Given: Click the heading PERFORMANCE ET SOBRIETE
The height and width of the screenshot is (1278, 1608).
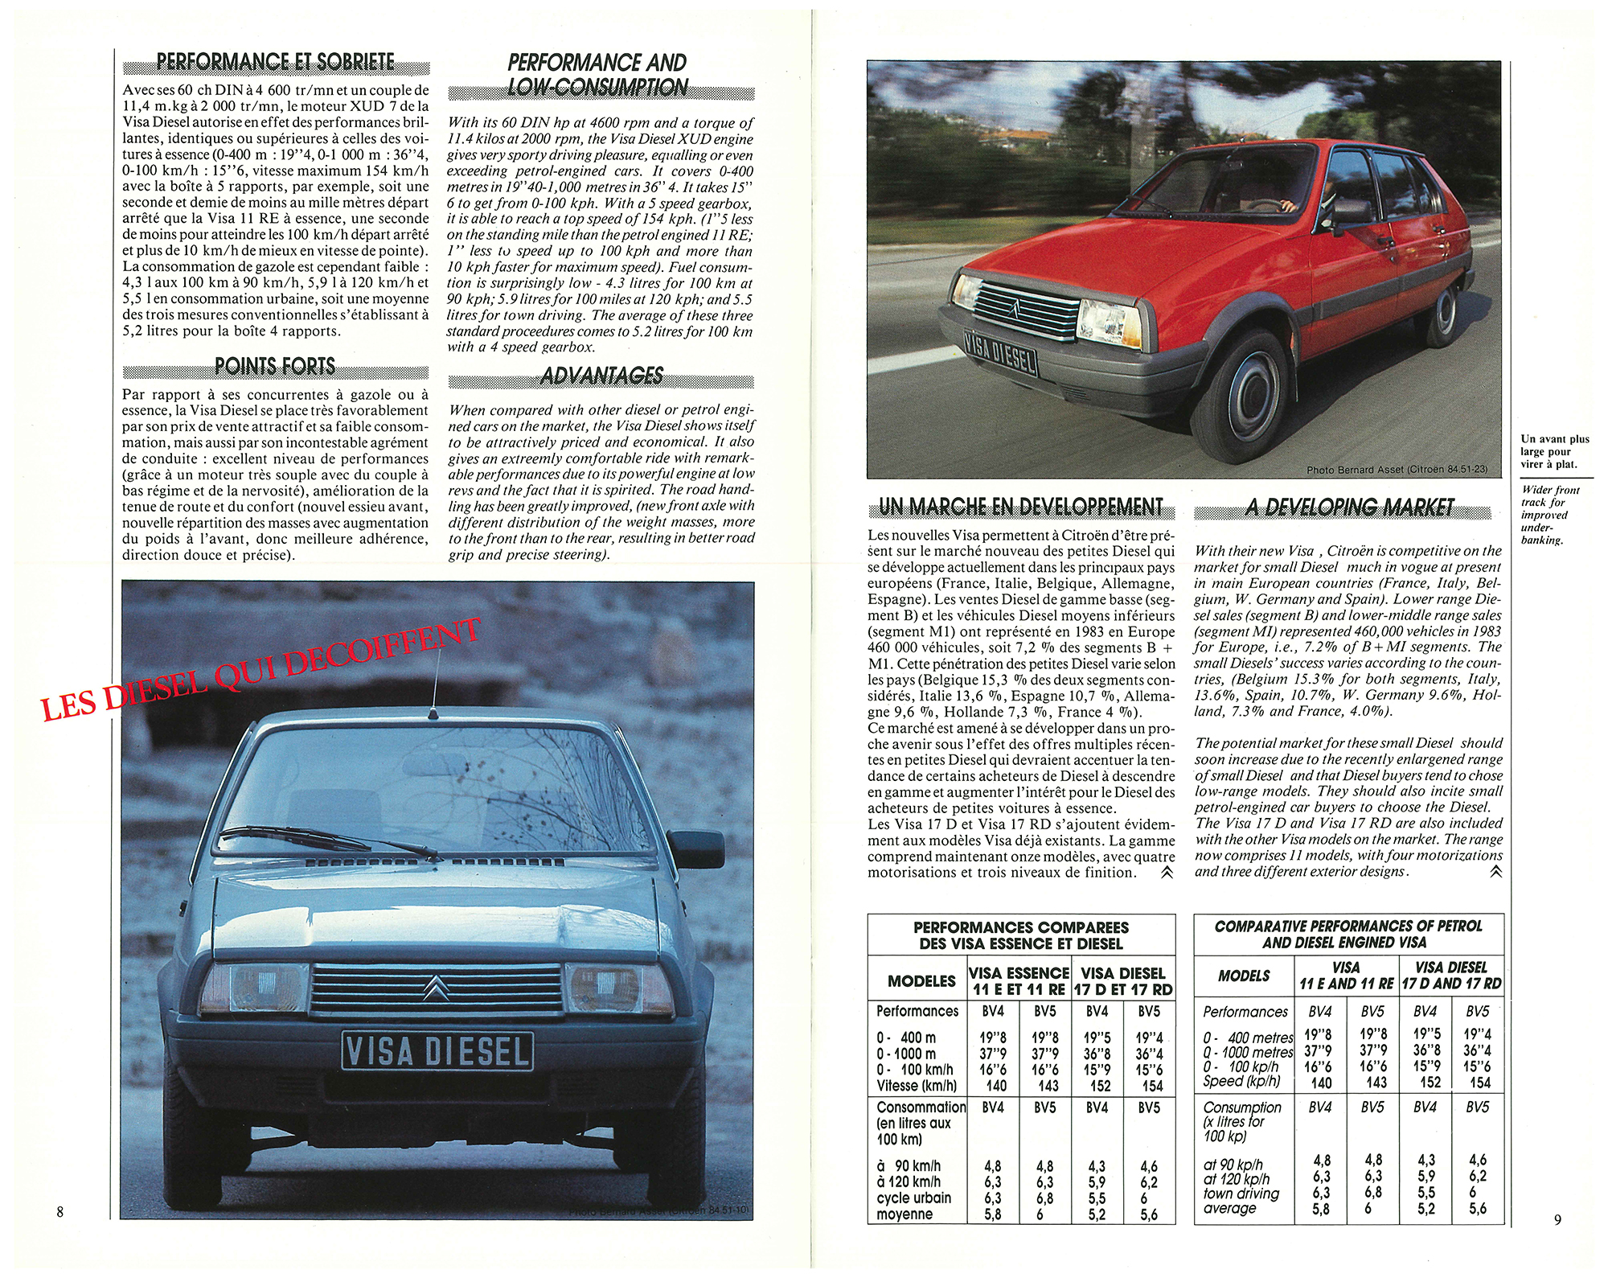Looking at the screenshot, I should (x=276, y=63).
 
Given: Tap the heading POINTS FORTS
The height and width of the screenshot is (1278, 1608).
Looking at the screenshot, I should (x=275, y=367).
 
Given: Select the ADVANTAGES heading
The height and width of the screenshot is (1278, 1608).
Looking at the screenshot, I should (x=601, y=376).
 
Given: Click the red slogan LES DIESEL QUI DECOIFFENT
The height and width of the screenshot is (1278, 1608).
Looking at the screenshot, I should (x=261, y=669).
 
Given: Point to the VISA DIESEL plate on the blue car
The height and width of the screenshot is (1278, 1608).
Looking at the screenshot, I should (x=437, y=1051).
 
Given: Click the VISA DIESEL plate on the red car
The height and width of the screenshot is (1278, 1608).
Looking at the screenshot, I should (x=1000, y=352).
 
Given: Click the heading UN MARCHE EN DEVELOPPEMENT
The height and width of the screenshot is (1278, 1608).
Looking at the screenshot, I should (x=1020, y=507).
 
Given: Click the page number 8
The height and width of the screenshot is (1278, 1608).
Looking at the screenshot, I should (x=59, y=1211).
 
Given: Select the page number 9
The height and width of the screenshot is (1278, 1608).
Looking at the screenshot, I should (x=1557, y=1219).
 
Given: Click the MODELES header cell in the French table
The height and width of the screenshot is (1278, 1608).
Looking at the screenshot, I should (x=921, y=980).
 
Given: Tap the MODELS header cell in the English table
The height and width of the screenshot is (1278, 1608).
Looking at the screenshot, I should (x=1244, y=976).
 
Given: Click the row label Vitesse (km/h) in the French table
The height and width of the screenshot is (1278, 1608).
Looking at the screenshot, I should (x=917, y=1085).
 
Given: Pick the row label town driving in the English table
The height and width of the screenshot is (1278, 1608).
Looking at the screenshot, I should (x=1241, y=1194).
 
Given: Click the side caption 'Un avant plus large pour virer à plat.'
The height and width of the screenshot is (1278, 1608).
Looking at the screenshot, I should (x=1554, y=451).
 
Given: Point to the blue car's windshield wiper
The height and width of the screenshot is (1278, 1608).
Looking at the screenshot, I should (x=330, y=840).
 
